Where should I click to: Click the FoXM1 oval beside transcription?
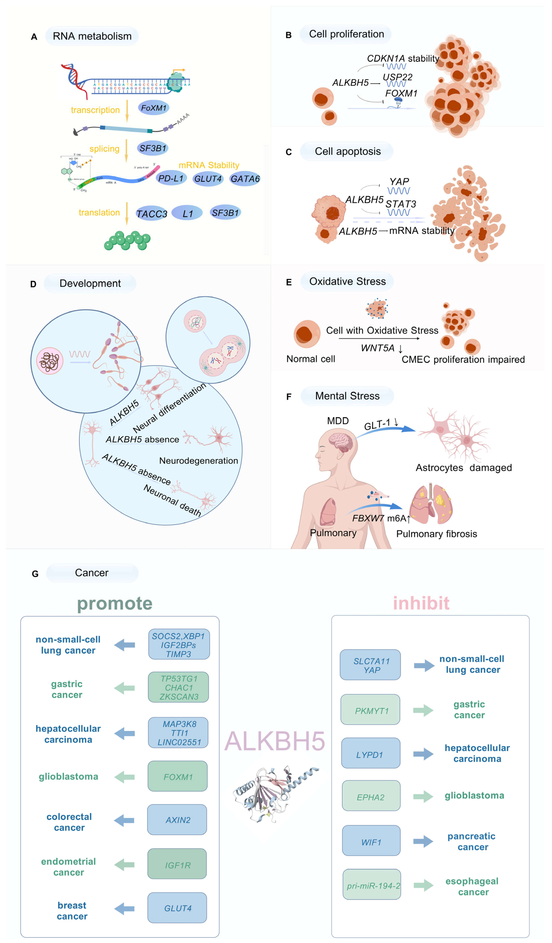pos(154,108)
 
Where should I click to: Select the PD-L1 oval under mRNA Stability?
pos(171,178)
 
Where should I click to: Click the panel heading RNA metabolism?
pos(92,36)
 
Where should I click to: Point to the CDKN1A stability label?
pos(403,58)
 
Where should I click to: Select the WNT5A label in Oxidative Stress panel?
pos(378,348)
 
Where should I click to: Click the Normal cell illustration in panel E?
pos(307,334)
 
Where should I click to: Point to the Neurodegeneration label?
pos(199,461)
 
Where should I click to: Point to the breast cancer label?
pos(72,911)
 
